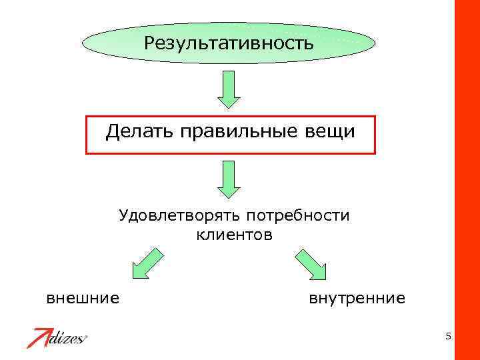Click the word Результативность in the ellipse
[229, 44]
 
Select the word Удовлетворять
[179, 216]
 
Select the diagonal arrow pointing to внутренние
[310, 264]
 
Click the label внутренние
[357, 298]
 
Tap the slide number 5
[449, 336]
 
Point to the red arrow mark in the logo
[39, 337]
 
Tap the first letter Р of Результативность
[149, 44]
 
